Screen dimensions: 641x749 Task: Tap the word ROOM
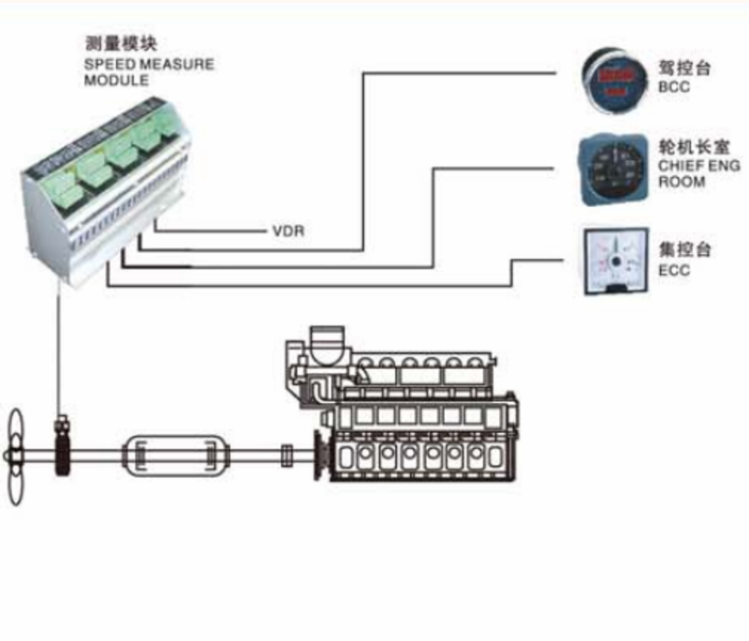(x=680, y=182)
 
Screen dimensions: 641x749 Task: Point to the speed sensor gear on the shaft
(x=65, y=455)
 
